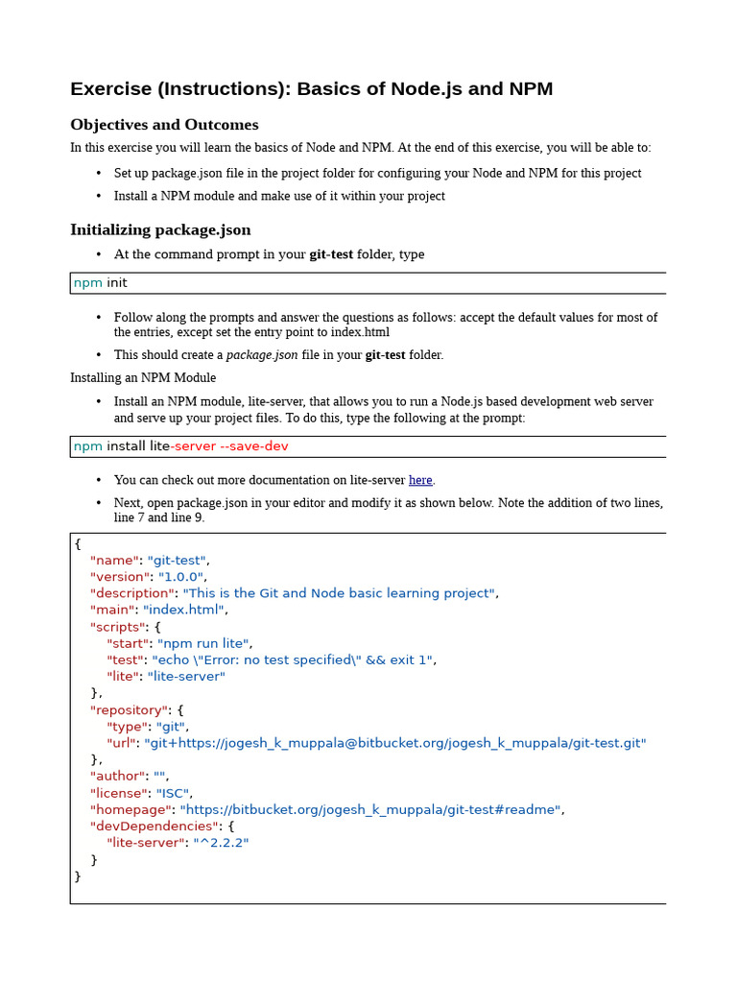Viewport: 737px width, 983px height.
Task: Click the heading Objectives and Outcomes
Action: pos(164,125)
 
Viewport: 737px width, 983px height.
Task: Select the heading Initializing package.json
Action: pos(160,229)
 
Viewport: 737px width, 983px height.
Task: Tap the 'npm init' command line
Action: pos(101,283)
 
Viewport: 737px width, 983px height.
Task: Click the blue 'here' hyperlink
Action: pos(420,480)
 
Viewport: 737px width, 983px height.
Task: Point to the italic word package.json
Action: pos(262,354)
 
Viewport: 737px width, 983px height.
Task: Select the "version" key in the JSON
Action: pos(119,577)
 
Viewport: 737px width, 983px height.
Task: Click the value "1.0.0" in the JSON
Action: pos(180,577)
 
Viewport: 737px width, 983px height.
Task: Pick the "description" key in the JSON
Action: pos(131,593)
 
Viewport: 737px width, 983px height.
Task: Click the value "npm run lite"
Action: pos(203,643)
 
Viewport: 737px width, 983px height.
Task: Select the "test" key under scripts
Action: pos(125,659)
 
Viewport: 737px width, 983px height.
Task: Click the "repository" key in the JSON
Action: pos(129,710)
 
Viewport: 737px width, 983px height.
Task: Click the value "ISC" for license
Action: pos(173,793)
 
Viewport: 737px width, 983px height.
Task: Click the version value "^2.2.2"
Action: pos(221,843)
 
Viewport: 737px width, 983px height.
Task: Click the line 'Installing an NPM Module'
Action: pos(143,378)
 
